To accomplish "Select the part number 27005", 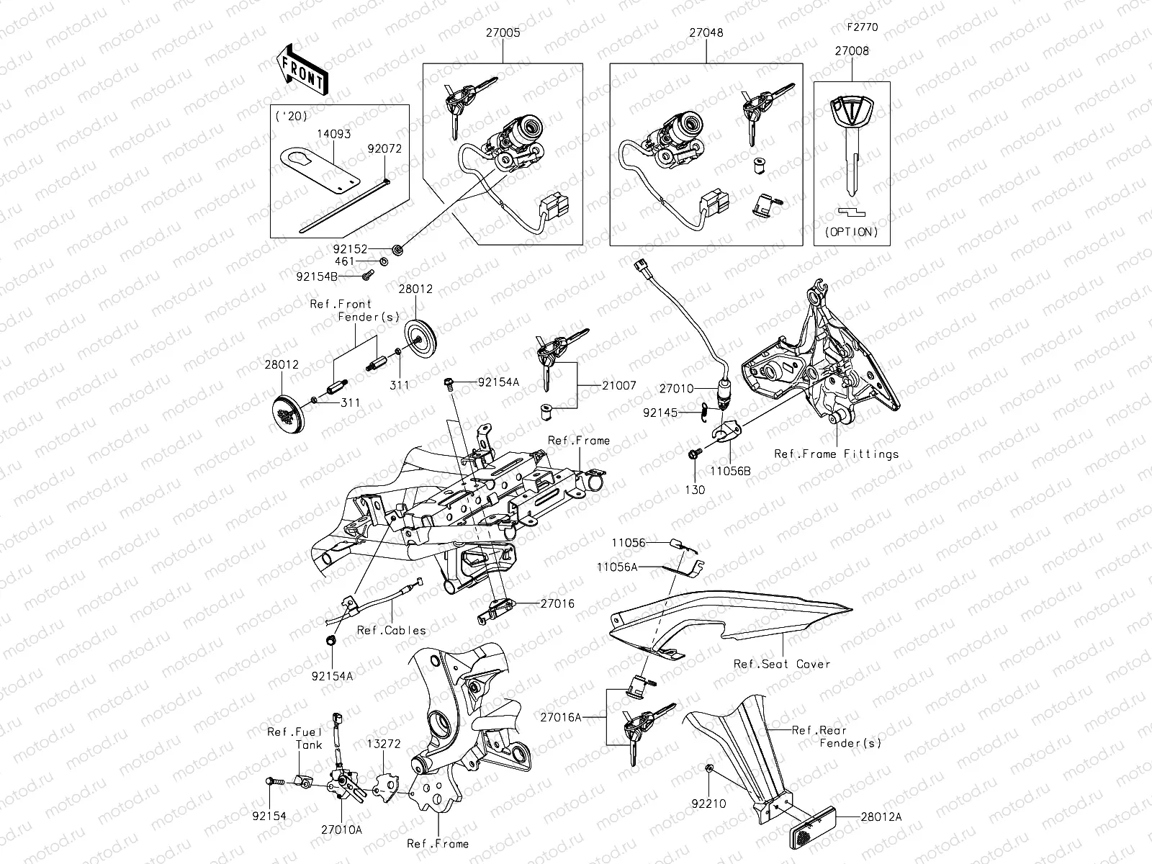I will (x=503, y=32).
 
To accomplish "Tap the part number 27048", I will (x=706, y=32).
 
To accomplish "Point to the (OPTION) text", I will (x=852, y=232).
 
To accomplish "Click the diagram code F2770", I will (x=862, y=27).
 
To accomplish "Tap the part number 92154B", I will (x=318, y=276).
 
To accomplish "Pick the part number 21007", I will (x=620, y=385).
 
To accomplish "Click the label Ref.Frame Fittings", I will (x=836, y=454).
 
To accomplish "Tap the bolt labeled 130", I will (x=694, y=454).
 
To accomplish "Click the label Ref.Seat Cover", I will (x=781, y=664).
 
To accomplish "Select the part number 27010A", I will (x=341, y=829).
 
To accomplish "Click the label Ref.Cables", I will (x=392, y=630).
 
